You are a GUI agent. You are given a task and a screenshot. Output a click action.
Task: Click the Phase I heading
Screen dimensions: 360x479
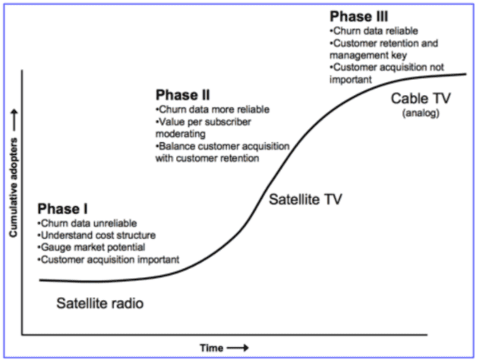coord(62,210)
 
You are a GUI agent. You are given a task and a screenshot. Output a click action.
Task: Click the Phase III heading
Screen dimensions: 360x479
coord(358,16)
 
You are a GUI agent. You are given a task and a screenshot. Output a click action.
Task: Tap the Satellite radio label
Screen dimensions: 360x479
coord(100,303)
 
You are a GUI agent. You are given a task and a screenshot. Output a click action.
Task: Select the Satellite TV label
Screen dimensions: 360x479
coord(306,201)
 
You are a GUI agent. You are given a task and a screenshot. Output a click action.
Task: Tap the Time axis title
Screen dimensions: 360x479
coord(212,348)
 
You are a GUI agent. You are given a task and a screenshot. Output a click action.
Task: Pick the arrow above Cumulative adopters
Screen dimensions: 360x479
coord(13,114)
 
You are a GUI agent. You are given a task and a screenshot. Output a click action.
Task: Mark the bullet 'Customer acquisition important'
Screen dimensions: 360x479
coord(109,260)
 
